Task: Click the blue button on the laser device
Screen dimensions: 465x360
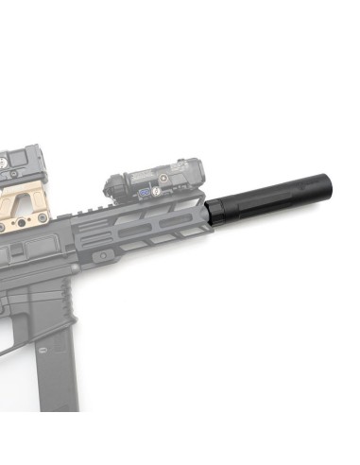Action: [x=146, y=192]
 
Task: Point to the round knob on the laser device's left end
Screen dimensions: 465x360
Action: [x=112, y=181]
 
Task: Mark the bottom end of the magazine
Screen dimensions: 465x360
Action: [x=56, y=406]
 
